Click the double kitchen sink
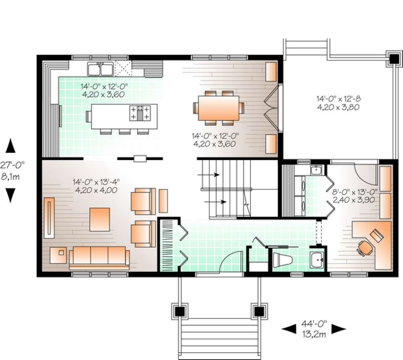pos(100,69)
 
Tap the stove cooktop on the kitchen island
pos(140,113)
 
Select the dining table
pos(219,108)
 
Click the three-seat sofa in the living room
pos(99,258)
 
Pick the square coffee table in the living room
pos(100,219)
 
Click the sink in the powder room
pos(317,259)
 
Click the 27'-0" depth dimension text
pos(12,165)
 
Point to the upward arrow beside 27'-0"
pos(10,146)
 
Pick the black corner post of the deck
pos(394,59)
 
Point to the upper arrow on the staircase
pos(208,175)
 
